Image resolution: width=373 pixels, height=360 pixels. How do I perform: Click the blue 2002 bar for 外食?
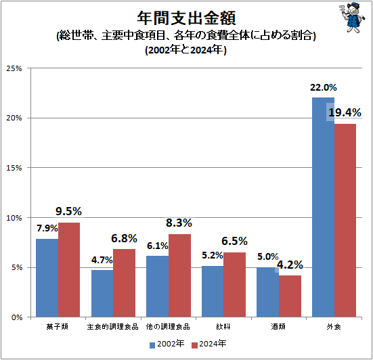pyautogui.click(x=322, y=207)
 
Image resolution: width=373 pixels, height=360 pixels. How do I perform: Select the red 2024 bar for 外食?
pyautogui.click(x=345, y=220)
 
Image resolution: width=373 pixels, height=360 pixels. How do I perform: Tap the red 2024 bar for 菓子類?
pyautogui.click(x=69, y=269)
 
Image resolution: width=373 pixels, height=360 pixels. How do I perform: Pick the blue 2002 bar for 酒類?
pyautogui.click(x=267, y=292)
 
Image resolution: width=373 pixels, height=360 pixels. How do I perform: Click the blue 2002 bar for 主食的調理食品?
pyautogui.click(x=102, y=293)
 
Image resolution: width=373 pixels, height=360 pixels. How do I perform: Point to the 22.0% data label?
pyautogui.click(x=324, y=87)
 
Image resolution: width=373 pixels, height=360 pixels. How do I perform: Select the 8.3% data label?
pyautogui.click(x=179, y=223)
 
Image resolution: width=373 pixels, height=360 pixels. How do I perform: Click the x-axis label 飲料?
pyautogui.click(x=223, y=328)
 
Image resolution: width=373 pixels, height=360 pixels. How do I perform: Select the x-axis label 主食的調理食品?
pyautogui.click(x=113, y=328)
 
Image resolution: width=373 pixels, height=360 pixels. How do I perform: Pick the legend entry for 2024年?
pyautogui.click(x=210, y=344)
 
